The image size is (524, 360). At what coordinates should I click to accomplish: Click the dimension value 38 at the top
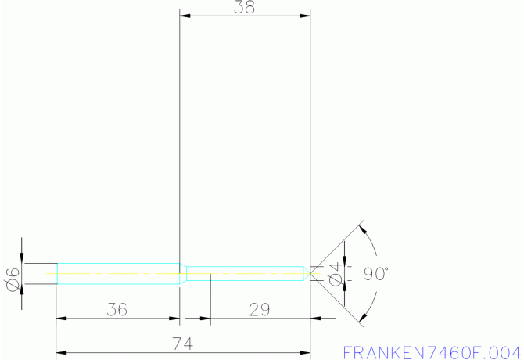tap(245, 8)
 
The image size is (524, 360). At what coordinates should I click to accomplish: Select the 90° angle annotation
tap(375, 274)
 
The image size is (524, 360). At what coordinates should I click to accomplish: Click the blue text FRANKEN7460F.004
tap(431, 351)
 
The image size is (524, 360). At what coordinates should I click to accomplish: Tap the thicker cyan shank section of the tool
tap(117, 274)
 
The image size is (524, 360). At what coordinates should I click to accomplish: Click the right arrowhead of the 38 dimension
tap(305, 16)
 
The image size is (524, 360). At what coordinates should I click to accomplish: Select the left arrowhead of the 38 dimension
tap(185, 16)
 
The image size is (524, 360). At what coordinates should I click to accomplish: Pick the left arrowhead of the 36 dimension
tap(61, 319)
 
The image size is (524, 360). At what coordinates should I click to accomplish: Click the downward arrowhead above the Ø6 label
tap(22, 259)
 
